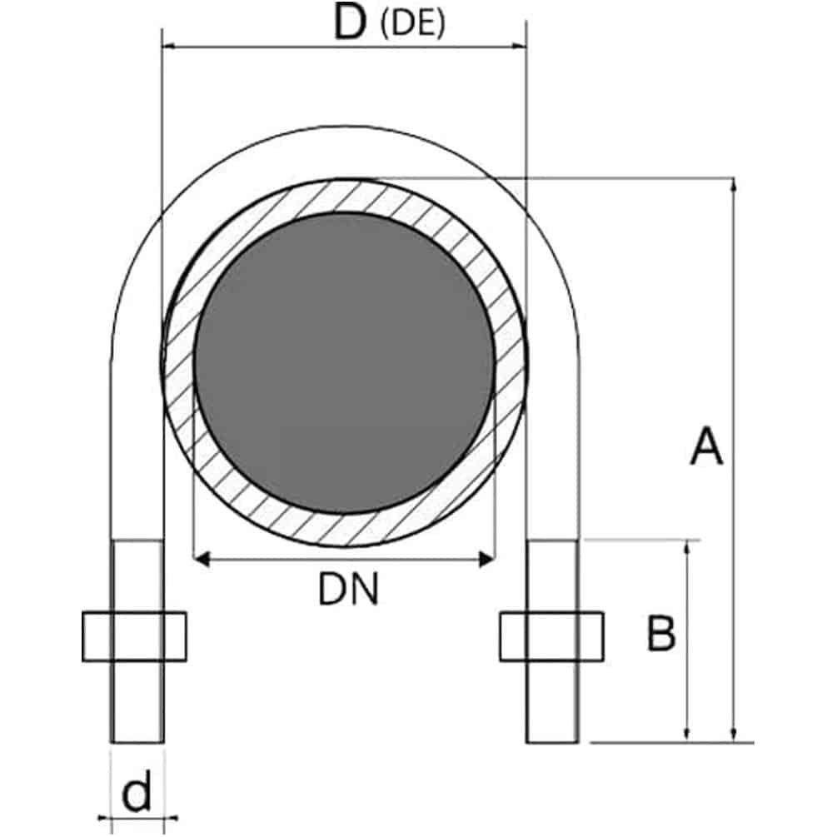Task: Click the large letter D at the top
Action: (350, 22)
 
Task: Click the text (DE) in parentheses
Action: (412, 24)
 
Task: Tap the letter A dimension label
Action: (706, 446)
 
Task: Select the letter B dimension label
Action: (660, 633)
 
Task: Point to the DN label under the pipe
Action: (348, 590)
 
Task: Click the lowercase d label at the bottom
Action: (137, 792)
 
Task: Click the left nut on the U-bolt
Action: (135, 637)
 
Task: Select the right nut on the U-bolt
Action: (552, 637)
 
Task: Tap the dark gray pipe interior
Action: (344, 363)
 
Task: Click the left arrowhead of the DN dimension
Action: (201, 560)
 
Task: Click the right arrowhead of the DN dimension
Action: (487, 560)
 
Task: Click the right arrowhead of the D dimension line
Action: (519, 46)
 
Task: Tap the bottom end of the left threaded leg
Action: (137, 742)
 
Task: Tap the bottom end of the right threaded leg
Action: (552, 742)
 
